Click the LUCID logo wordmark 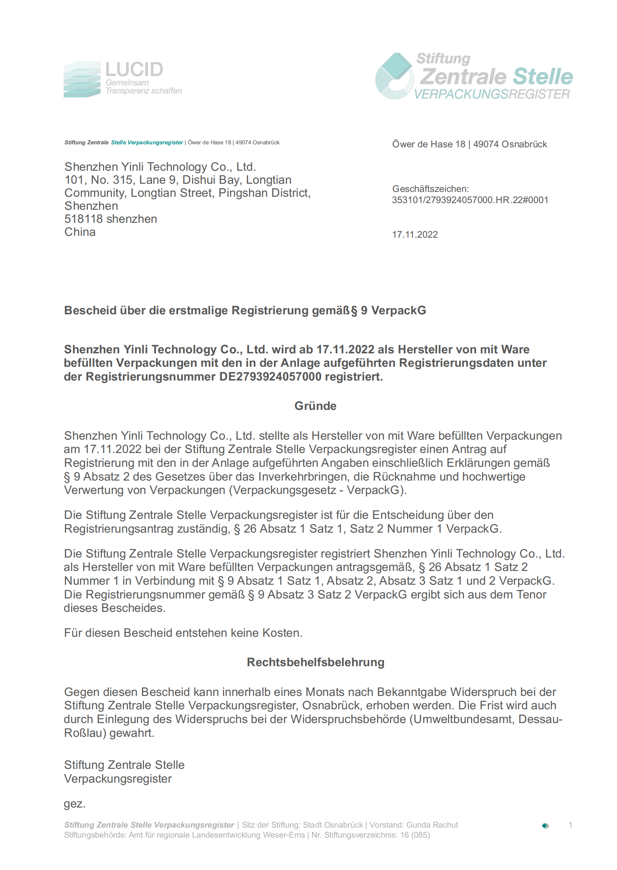click(x=134, y=70)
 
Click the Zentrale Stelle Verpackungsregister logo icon click(x=394, y=76)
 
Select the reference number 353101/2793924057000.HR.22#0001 click(x=470, y=200)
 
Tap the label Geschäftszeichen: click(x=431, y=189)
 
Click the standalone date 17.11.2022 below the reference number click(x=415, y=235)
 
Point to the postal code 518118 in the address click(x=84, y=219)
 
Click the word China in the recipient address click(x=80, y=232)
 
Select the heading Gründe click(x=315, y=406)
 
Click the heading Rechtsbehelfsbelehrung click(x=315, y=662)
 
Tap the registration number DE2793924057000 click(x=270, y=377)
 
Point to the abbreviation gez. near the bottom click(x=74, y=804)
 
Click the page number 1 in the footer click(x=570, y=825)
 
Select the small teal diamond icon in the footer click(x=545, y=826)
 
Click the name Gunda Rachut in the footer click(x=432, y=825)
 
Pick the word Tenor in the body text click(x=531, y=595)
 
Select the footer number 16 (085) click(x=415, y=835)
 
